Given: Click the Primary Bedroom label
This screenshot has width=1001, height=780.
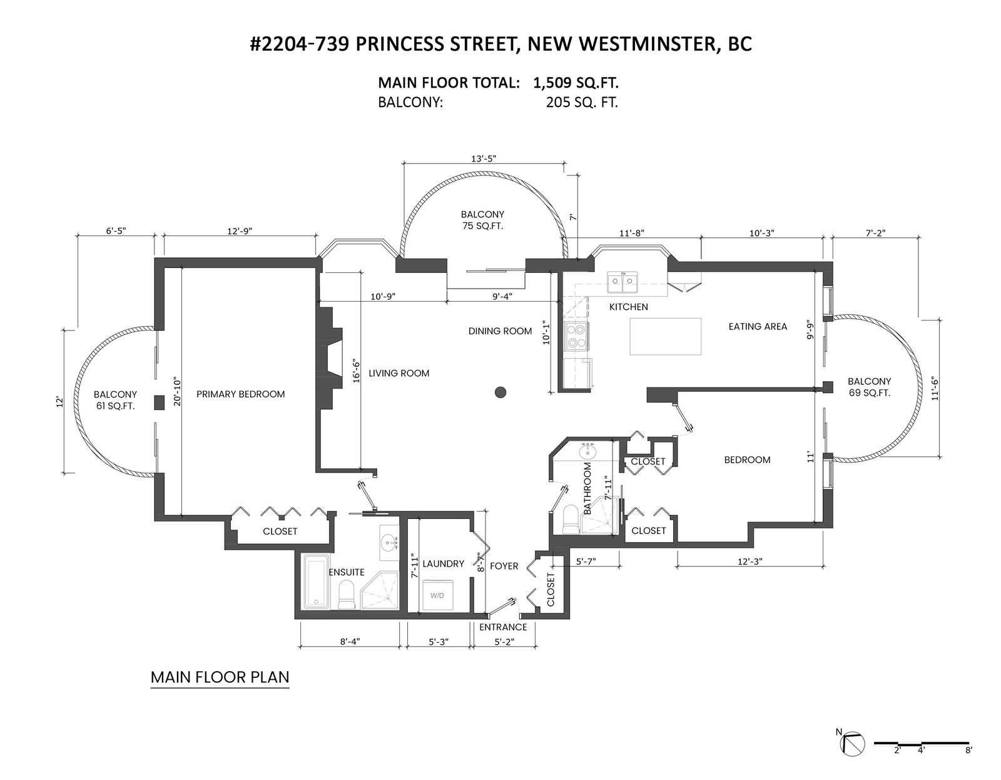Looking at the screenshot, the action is (240, 394).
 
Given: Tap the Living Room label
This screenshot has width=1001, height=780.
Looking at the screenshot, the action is (399, 373).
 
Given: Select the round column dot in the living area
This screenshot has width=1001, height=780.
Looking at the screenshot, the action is (500, 392).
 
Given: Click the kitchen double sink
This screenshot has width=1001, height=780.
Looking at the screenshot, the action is (622, 282).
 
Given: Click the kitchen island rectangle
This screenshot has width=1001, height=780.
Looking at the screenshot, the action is (665, 336).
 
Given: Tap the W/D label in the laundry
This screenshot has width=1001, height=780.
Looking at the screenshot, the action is (437, 596).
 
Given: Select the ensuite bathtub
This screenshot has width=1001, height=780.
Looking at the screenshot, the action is (316, 582).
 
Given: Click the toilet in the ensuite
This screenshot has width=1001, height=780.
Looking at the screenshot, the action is (345, 595).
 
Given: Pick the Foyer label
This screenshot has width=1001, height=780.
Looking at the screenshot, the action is (504, 566).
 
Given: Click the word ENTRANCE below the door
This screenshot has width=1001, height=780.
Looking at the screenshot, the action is (503, 627).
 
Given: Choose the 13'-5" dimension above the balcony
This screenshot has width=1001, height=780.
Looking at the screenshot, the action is (484, 158).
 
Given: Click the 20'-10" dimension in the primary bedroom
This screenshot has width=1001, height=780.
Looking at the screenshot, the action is (178, 392).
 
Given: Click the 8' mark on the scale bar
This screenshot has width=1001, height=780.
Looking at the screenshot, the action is (968, 763).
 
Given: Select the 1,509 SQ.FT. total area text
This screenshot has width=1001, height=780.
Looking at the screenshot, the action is (576, 83).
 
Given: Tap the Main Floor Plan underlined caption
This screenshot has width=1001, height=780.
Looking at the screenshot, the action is (220, 677).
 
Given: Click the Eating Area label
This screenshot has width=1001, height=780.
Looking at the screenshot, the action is (758, 327).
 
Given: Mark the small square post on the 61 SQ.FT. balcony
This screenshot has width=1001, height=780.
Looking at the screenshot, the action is (159, 403).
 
